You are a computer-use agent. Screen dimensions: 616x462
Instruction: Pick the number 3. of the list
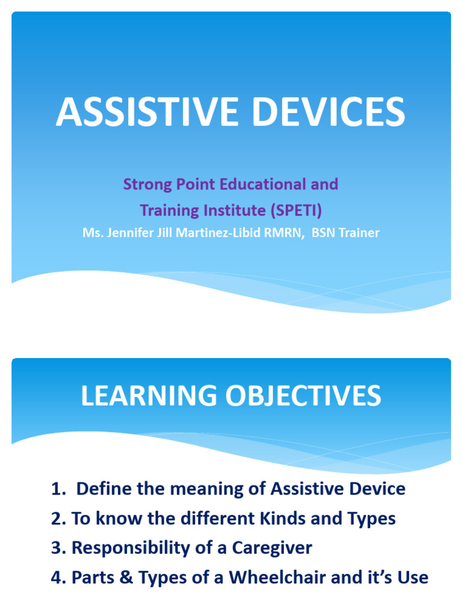(x=58, y=548)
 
